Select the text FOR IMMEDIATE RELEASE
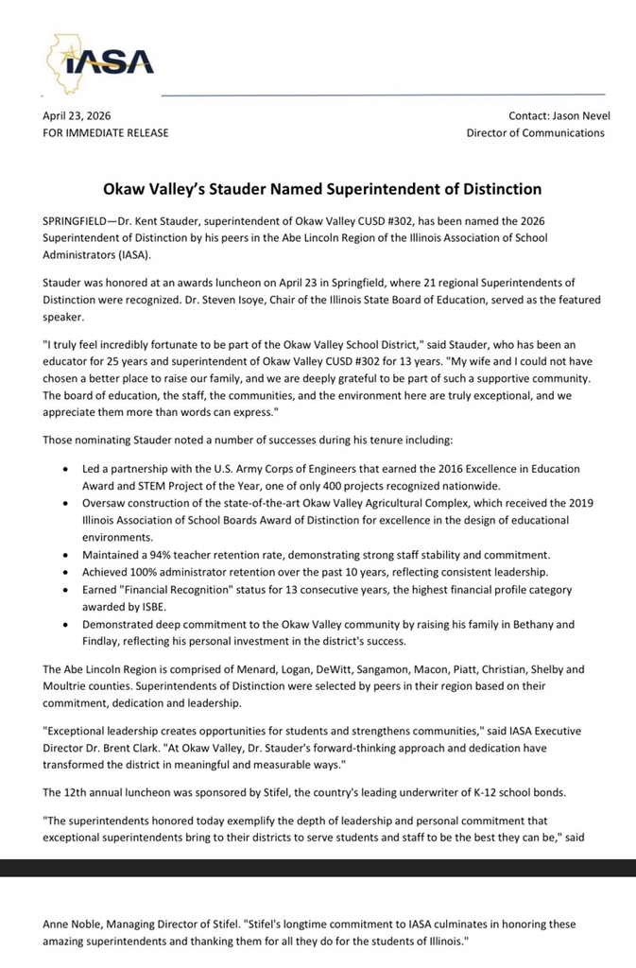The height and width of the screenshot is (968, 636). coord(106,133)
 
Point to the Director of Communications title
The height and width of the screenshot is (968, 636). coord(535,133)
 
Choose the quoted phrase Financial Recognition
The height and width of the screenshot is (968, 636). coord(176,589)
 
